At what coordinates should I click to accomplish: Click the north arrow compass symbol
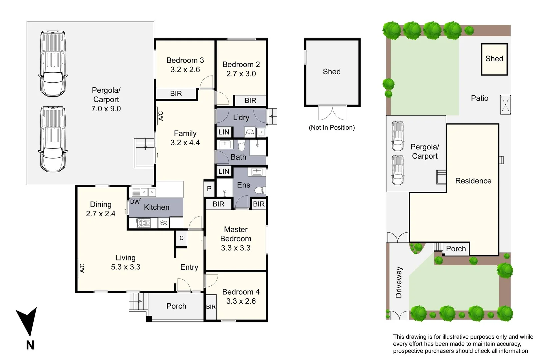(x=27, y=322)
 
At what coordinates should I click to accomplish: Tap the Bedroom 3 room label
(x=185, y=60)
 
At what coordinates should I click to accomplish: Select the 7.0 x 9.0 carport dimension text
(x=106, y=109)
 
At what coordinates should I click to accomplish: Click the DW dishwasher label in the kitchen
(x=135, y=202)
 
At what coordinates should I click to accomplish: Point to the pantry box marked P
(x=209, y=189)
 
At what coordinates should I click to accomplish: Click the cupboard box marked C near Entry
(x=181, y=238)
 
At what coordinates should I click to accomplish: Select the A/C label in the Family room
(x=161, y=116)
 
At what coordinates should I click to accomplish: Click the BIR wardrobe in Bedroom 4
(x=211, y=307)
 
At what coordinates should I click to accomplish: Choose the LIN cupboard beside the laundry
(x=224, y=132)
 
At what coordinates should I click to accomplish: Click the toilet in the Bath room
(x=242, y=145)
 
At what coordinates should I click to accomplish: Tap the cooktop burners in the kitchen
(x=143, y=223)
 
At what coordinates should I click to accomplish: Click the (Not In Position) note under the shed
(x=332, y=127)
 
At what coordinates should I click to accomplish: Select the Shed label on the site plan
(x=494, y=59)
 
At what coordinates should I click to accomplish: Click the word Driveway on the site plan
(x=399, y=282)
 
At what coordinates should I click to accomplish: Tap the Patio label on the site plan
(x=479, y=98)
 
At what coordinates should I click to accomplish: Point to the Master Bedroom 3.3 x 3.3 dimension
(x=235, y=248)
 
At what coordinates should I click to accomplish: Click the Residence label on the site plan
(x=473, y=181)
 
